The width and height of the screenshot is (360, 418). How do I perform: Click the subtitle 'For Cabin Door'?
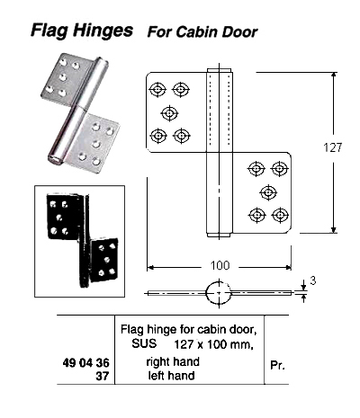coord(202,31)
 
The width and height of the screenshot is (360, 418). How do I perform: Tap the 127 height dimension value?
coord(332,151)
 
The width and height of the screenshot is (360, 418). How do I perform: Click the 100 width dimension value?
coord(219,266)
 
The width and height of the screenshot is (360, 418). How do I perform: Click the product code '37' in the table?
coord(103,377)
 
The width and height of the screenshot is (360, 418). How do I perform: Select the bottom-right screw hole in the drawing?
coord(280,215)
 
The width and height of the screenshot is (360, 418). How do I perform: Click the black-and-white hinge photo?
coord(79,235)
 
